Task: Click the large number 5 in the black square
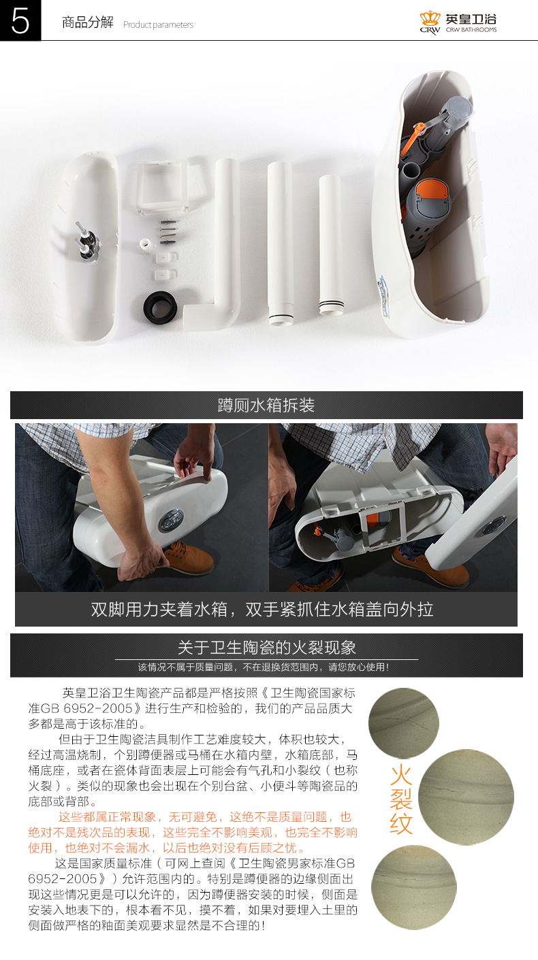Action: [x=20, y=20]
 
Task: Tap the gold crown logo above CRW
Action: [x=430, y=18]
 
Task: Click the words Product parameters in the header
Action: [x=158, y=25]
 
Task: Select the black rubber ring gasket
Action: [x=160, y=307]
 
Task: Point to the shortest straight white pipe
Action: [x=330, y=244]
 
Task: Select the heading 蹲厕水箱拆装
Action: [x=266, y=405]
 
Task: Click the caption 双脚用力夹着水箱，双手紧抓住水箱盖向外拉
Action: [x=262, y=609]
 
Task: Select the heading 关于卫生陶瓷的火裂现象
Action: [x=266, y=647]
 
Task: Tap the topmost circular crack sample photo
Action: [x=404, y=723]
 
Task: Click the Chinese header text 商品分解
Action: [x=88, y=22]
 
